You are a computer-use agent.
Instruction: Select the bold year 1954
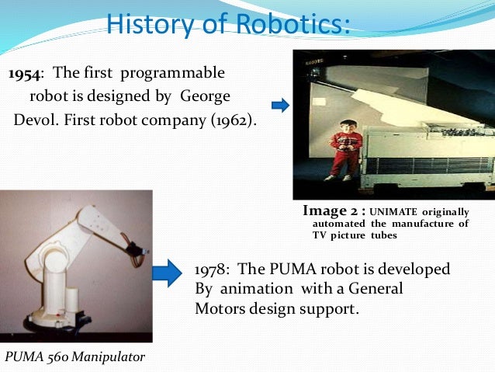click(x=26, y=74)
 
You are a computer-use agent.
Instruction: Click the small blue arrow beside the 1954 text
click(x=279, y=105)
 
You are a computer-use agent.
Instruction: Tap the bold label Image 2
click(x=333, y=210)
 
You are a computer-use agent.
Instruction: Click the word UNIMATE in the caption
click(x=396, y=211)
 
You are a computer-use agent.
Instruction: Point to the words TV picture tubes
click(x=354, y=235)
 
